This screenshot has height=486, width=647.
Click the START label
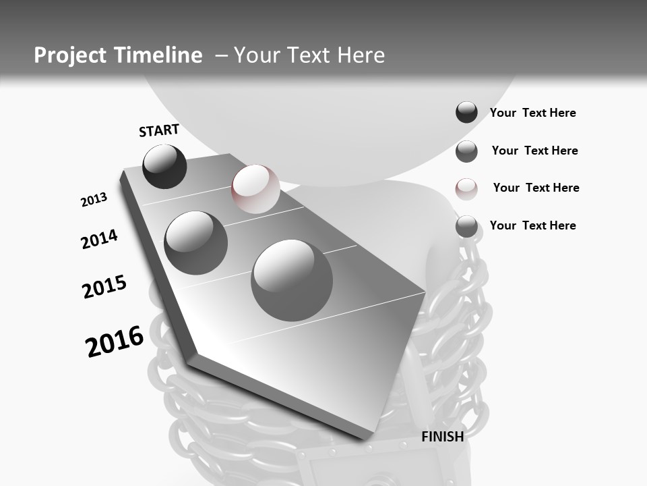click(159, 130)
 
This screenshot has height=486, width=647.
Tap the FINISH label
click(442, 437)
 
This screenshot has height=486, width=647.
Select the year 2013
click(94, 200)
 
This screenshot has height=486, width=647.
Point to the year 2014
click(99, 239)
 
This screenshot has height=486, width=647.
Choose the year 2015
click(104, 287)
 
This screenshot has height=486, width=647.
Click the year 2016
click(115, 341)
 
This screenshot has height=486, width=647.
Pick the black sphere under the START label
click(164, 166)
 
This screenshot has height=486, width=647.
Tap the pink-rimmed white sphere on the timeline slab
click(255, 188)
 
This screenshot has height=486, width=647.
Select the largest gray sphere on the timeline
click(292, 279)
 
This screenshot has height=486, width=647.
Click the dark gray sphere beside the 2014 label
click(195, 242)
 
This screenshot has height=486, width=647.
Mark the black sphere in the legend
click(466, 113)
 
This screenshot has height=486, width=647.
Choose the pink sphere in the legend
click(466, 188)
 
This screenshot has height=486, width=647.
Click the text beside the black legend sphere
click(532, 113)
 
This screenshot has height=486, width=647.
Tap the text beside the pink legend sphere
click(536, 188)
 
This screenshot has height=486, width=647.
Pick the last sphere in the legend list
click(466, 226)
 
